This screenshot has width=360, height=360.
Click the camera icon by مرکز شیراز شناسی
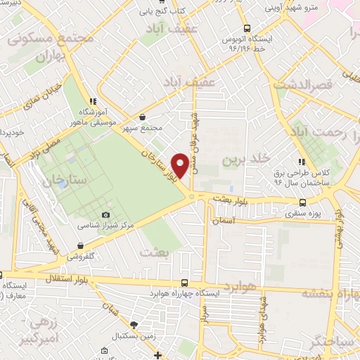pyautogui.click(x=106, y=214)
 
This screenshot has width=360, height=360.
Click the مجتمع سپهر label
pyautogui.click(x=143, y=128)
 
